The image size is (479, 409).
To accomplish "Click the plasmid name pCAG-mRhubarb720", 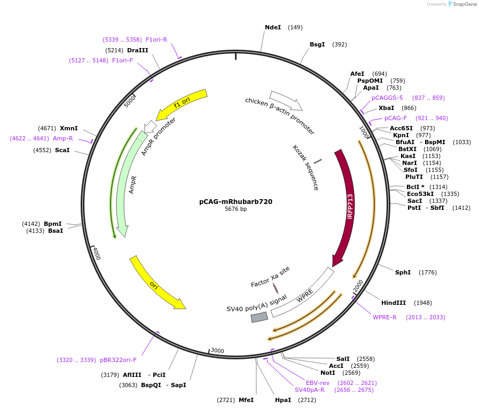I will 235,202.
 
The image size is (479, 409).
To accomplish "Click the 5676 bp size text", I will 235,209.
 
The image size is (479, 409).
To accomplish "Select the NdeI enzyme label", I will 272,27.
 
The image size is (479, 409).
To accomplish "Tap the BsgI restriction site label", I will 317,44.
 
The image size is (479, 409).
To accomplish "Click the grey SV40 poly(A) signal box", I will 260,317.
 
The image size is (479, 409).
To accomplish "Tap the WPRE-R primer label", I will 384,317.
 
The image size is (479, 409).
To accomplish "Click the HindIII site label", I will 394,303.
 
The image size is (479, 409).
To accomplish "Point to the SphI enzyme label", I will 403,272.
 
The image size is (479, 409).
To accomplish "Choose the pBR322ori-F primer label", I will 119,360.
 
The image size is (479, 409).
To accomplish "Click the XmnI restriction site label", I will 69,128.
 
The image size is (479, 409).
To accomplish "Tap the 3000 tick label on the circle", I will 217,350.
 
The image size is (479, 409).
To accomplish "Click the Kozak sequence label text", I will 306,168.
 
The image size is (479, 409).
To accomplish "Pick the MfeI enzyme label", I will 246,400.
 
